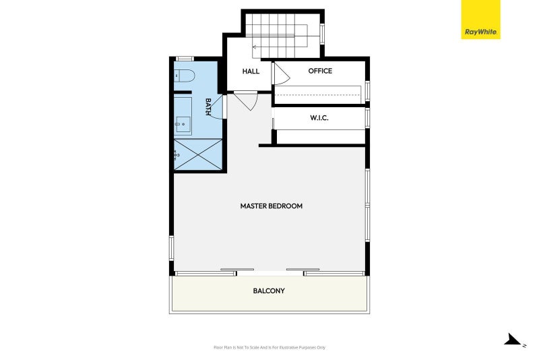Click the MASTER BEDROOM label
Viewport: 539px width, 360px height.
coord(271,206)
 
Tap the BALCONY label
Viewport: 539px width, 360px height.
coord(269,291)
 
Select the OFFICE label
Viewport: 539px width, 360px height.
coord(320,71)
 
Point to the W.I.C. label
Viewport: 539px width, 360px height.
coord(319,117)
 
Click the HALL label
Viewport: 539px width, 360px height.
coord(251,71)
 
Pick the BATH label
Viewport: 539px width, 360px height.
coord(209,107)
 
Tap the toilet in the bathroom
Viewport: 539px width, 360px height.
coord(184,76)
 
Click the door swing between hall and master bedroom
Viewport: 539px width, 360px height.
coord(247,101)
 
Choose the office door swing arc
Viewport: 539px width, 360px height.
coord(280,73)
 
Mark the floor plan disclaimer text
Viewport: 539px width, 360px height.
coord(269,347)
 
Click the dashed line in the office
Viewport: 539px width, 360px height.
coord(319,96)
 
